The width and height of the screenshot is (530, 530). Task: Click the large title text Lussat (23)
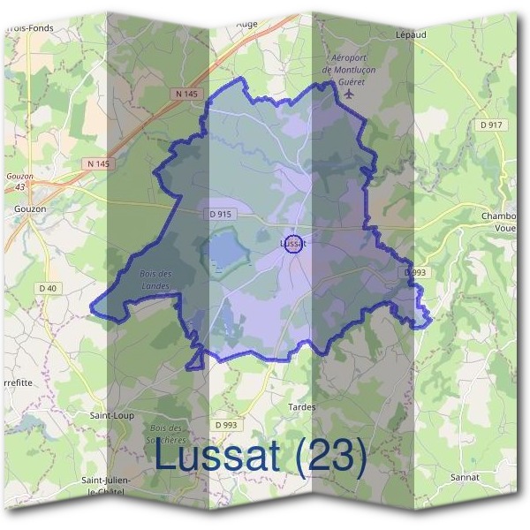tap(261, 456)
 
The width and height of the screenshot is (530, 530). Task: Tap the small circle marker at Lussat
tap(294, 246)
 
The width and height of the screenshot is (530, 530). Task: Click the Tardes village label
tap(302, 407)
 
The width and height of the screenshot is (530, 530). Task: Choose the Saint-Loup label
tap(111, 413)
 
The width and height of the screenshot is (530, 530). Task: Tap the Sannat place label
tap(465, 476)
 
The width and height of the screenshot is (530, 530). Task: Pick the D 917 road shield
tap(491, 125)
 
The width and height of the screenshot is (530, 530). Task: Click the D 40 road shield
tap(48, 289)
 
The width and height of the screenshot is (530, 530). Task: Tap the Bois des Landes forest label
tap(156, 279)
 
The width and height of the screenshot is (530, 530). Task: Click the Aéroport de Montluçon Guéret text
tap(351, 64)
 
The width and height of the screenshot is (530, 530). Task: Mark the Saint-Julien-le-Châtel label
tap(106, 485)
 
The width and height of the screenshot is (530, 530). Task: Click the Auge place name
tap(246, 24)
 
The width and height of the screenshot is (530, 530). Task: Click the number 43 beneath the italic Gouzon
tap(19, 185)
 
